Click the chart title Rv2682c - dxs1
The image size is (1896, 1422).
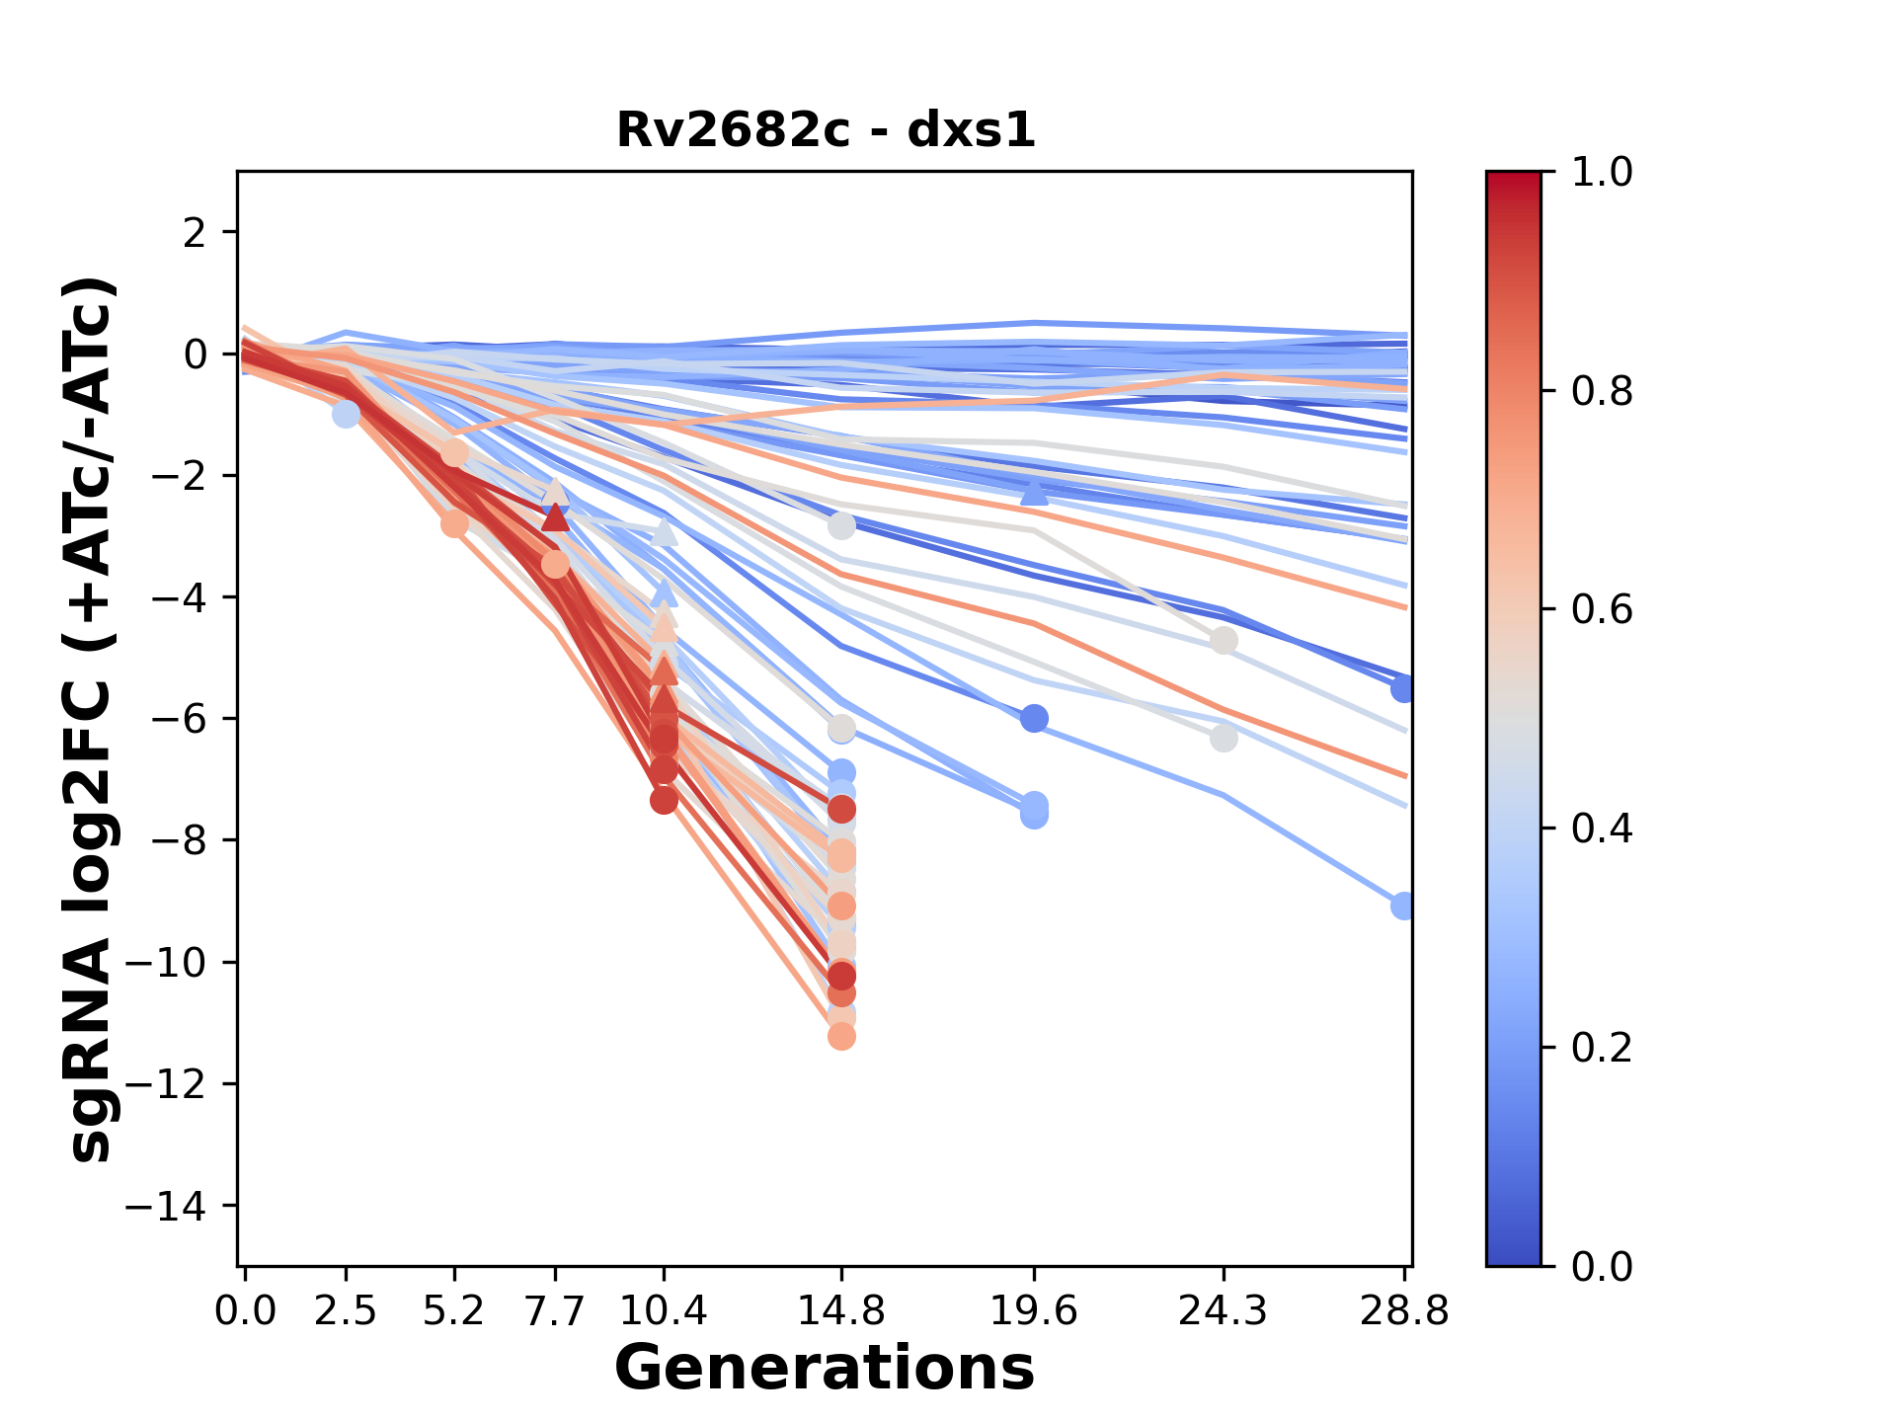coord(826,130)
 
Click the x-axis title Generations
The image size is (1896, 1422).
coord(825,1369)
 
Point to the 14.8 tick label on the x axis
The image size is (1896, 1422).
coord(841,1311)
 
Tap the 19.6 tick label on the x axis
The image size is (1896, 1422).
coord(1034,1311)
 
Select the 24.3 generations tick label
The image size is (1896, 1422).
coord(1224,1311)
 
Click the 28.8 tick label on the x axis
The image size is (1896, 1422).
coord(1404,1311)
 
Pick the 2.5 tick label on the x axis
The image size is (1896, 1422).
coord(346,1311)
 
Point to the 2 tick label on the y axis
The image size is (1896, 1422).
coord(195,232)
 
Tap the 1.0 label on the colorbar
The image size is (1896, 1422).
coord(1602,173)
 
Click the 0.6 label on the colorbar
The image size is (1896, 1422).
coord(1602,610)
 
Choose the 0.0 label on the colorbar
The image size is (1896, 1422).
coord(1602,1267)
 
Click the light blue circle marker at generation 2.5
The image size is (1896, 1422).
coord(346,414)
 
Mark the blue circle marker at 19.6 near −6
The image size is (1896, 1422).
coord(1034,718)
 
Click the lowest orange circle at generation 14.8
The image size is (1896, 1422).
coord(841,1036)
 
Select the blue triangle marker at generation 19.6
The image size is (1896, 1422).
coord(1034,491)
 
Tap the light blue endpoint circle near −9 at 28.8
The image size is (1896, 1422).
coord(1402,906)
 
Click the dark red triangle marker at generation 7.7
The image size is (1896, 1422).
coord(556,517)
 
